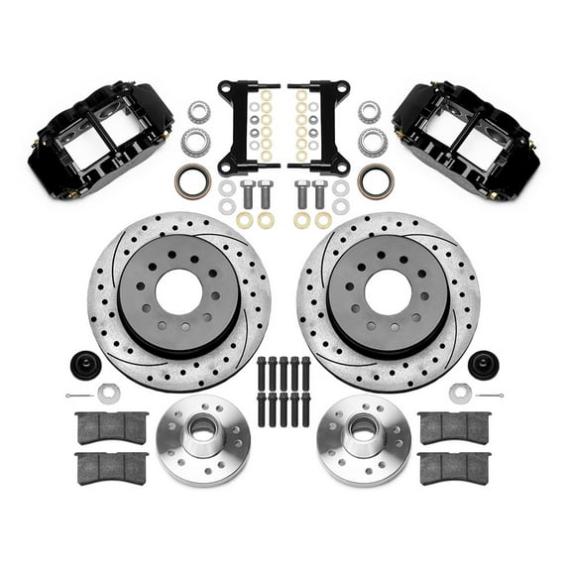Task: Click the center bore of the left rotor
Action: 178,294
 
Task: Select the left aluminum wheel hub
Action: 198,433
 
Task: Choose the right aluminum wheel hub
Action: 366,433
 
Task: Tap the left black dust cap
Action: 83,363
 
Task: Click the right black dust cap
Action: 483,363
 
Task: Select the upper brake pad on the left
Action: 111,426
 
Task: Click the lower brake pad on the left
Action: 111,467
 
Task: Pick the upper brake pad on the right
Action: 455,426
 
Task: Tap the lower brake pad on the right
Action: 455,467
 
